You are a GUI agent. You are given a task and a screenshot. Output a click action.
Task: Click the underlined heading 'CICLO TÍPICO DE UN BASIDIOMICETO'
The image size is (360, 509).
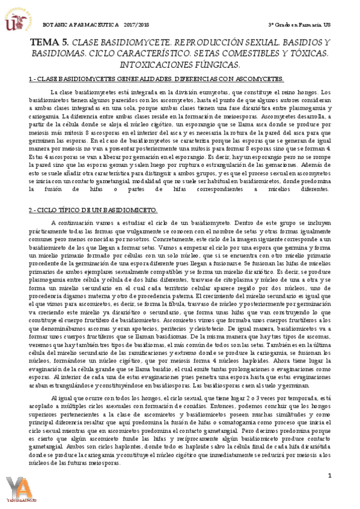point(93,209)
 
